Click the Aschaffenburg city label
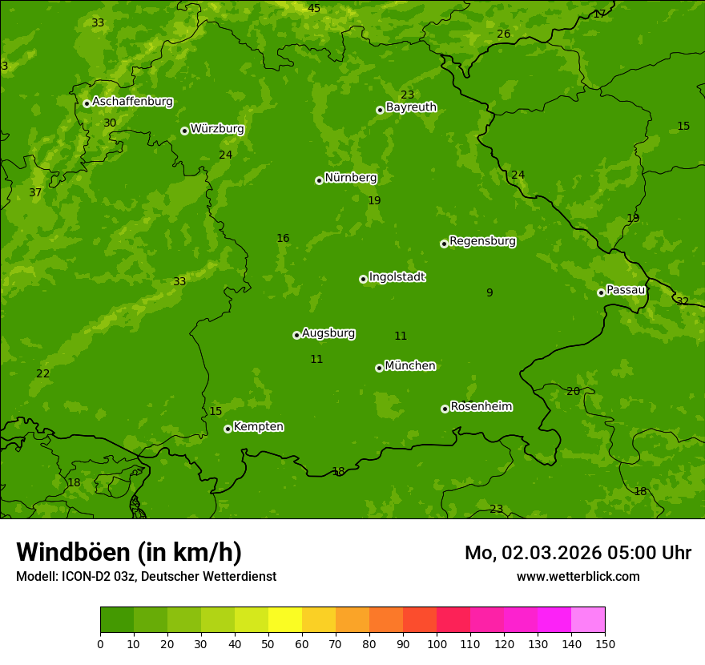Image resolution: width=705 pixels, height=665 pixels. [x=132, y=102]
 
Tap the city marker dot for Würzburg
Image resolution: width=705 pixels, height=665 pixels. [x=184, y=131]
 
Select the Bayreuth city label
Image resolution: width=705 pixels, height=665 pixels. [x=411, y=107]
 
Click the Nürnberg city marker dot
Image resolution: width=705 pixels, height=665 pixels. [x=319, y=180]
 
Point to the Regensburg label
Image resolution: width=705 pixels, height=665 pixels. [x=482, y=241]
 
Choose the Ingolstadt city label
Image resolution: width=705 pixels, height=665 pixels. [x=397, y=277]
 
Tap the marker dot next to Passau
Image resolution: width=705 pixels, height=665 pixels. [x=601, y=292]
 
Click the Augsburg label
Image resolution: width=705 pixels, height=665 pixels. [x=328, y=333]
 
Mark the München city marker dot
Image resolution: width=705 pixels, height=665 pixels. [x=379, y=368]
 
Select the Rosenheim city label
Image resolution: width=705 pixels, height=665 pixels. [x=481, y=407]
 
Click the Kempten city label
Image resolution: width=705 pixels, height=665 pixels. [x=258, y=427]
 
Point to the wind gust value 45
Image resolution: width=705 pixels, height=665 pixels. [x=314, y=9]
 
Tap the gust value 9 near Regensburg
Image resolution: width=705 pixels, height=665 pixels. [x=489, y=293]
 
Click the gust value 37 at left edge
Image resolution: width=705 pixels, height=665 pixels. [x=35, y=193]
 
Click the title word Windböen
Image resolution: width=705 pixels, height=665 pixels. [x=73, y=552]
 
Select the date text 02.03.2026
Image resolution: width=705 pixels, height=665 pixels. [x=541, y=553]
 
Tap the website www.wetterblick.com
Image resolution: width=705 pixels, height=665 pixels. [x=578, y=577]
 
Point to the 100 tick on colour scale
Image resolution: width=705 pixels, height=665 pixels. [x=437, y=643]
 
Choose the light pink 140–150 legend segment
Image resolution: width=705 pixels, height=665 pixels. [x=588, y=620]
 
